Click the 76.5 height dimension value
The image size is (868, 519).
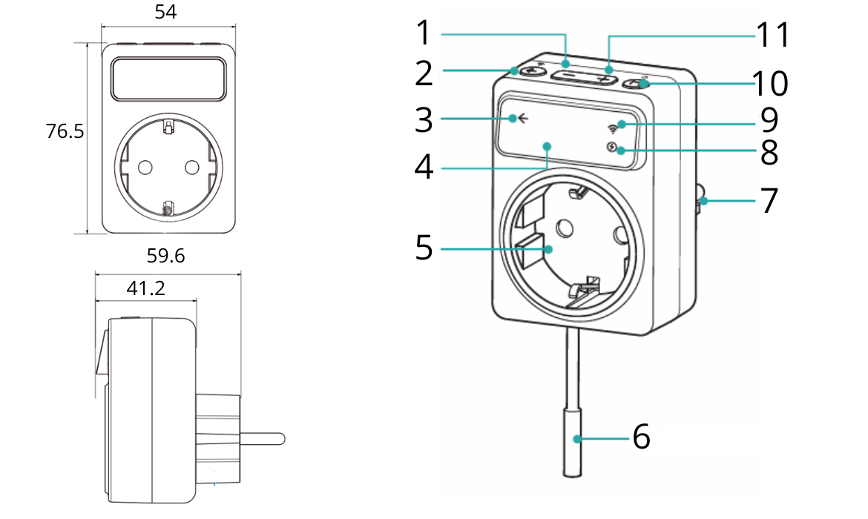tap(65, 131)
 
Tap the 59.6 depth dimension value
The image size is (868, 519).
tap(166, 257)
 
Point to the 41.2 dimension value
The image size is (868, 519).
tap(145, 288)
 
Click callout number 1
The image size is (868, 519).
tap(424, 33)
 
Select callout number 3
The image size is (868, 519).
tap(424, 119)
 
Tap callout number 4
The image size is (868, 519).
tap(424, 167)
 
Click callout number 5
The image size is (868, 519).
tap(424, 247)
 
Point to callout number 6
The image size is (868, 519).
tap(642, 437)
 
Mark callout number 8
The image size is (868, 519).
tap(769, 152)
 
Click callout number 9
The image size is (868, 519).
tap(769, 118)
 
